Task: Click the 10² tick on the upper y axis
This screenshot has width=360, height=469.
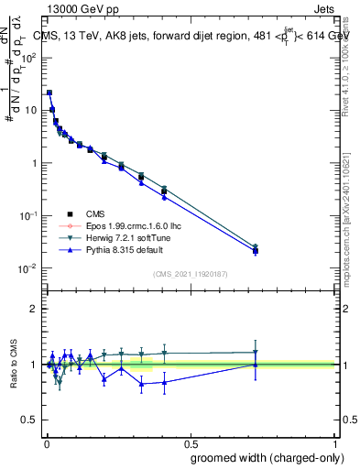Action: [27, 57]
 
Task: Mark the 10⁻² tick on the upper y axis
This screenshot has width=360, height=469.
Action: [27, 268]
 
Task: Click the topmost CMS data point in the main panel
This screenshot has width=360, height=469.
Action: [49, 93]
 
